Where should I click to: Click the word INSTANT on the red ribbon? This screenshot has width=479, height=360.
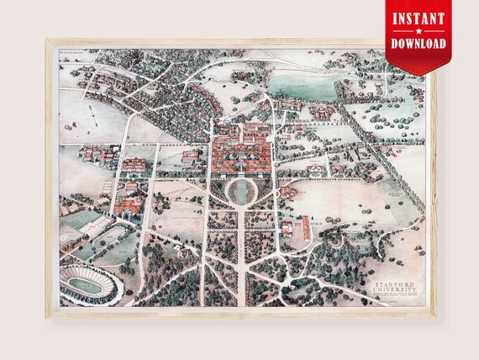pos(418,17)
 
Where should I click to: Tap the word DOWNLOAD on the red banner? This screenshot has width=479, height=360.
pos(418,45)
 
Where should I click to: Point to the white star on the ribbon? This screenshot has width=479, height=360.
pos(418,31)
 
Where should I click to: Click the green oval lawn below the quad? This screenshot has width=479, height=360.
pos(242,190)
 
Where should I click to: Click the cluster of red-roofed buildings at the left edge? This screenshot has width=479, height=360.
pos(92,156)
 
